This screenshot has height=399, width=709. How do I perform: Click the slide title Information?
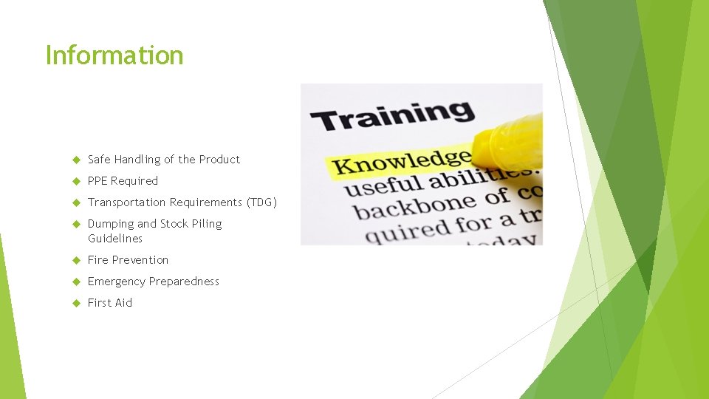pyautogui.click(x=114, y=55)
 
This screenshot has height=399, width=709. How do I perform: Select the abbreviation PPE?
pyautogui.click(x=97, y=181)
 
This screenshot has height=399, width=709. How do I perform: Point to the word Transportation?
pyautogui.click(x=127, y=202)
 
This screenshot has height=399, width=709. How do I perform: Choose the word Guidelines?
pyautogui.click(x=115, y=239)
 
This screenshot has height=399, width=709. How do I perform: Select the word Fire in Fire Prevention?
pyautogui.click(x=97, y=260)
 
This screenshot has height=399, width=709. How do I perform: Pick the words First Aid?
pyautogui.click(x=110, y=303)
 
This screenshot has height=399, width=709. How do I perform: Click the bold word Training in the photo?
pyautogui.click(x=391, y=117)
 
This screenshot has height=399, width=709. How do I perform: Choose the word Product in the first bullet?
pyautogui.click(x=219, y=160)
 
